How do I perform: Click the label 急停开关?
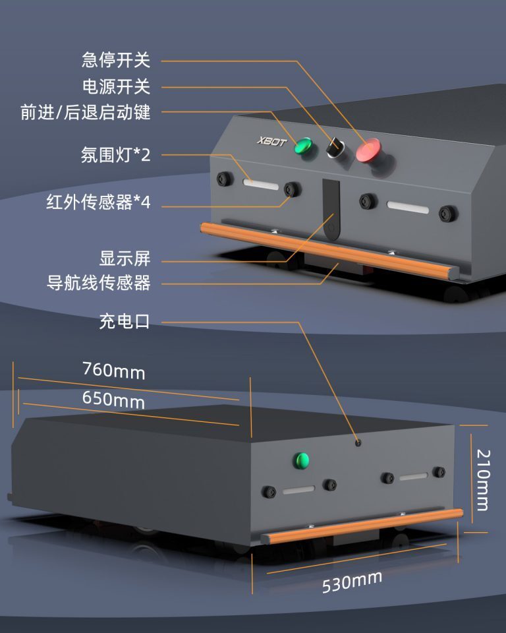(116, 61)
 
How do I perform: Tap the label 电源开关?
(116, 86)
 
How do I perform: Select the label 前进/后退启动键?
(86, 113)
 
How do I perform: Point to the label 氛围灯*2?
(116, 156)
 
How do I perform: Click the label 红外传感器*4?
(99, 202)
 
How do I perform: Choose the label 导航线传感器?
(99, 284)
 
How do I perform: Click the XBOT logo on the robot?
(271, 142)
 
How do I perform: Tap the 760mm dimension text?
(113, 370)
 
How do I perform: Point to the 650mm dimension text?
(113, 400)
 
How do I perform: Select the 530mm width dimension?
(352, 581)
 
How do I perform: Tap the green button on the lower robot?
(302, 460)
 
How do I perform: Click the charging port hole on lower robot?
(358, 442)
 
